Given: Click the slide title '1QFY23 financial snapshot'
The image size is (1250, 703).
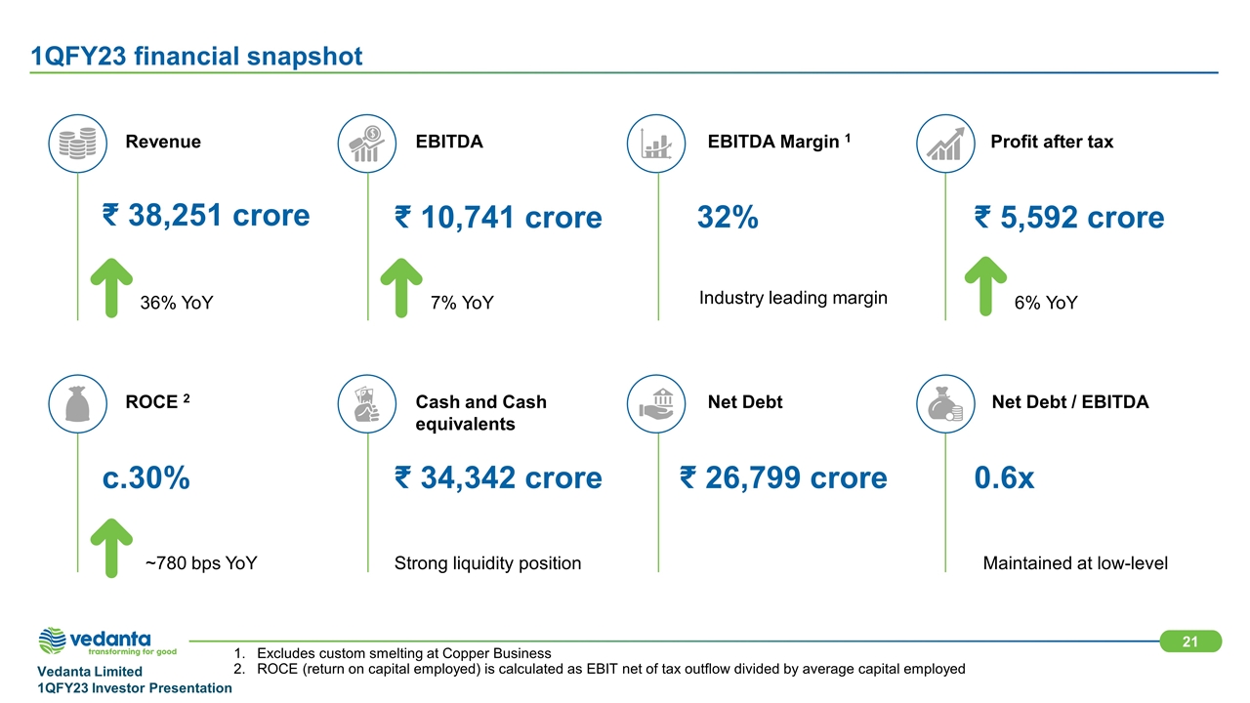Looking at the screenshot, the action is click(x=196, y=57).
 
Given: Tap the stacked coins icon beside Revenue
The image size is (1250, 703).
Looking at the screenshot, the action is click(x=77, y=144).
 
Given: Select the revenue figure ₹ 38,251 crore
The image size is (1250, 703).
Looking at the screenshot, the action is click(x=206, y=216).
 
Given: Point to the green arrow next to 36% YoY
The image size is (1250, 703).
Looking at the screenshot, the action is click(x=111, y=288).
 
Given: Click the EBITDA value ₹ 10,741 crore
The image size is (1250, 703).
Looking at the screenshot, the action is click(x=498, y=217).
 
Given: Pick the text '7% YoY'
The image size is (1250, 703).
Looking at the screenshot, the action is click(x=462, y=303).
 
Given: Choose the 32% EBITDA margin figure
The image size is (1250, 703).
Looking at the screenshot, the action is click(x=728, y=217).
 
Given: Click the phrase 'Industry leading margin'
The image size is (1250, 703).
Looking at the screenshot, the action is click(x=793, y=298).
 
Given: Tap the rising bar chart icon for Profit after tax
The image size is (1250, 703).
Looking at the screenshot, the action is click(x=945, y=144).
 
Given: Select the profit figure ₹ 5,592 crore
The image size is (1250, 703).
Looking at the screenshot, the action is click(x=1069, y=217).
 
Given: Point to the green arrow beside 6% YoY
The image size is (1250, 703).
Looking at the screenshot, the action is click(x=985, y=286).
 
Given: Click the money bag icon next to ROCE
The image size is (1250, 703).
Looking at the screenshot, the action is click(x=77, y=404).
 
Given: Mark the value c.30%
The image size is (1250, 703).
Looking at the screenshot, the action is click(x=146, y=478).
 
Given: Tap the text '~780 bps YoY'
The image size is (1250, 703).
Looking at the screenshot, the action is click(x=201, y=563).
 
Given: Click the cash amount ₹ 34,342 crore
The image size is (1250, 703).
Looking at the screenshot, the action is click(x=498, y=478).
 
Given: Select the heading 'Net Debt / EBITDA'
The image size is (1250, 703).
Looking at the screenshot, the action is click(x=1070, y=401).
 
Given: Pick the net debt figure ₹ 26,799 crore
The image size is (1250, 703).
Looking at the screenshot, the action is click(x=783, y=478).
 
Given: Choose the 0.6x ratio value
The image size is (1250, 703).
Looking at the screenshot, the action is click(x=1004, y=478).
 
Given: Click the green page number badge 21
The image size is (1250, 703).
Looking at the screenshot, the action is click(x=1190, y=641).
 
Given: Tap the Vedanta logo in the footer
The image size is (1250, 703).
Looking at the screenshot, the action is click(x=107, y=641).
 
